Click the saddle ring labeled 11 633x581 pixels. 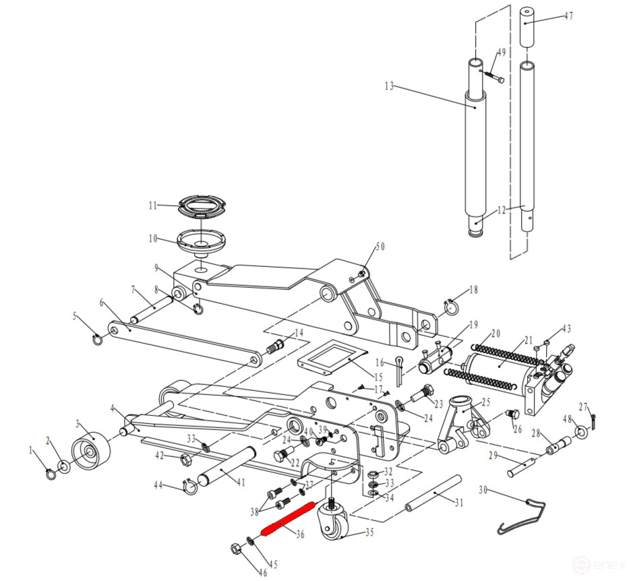pyautogui.click(x=203, y=205)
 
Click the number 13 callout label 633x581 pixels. pyautogui.click(x=388, y=86)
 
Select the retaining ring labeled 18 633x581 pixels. pyautogui.click(x=450, y=307)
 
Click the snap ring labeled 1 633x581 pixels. pyautogui.click(x=49, y=475)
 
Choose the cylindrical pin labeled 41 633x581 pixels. pyautogui.click(x=228, y=466)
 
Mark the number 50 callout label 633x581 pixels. pyautogui.click(x=380, y=247)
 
